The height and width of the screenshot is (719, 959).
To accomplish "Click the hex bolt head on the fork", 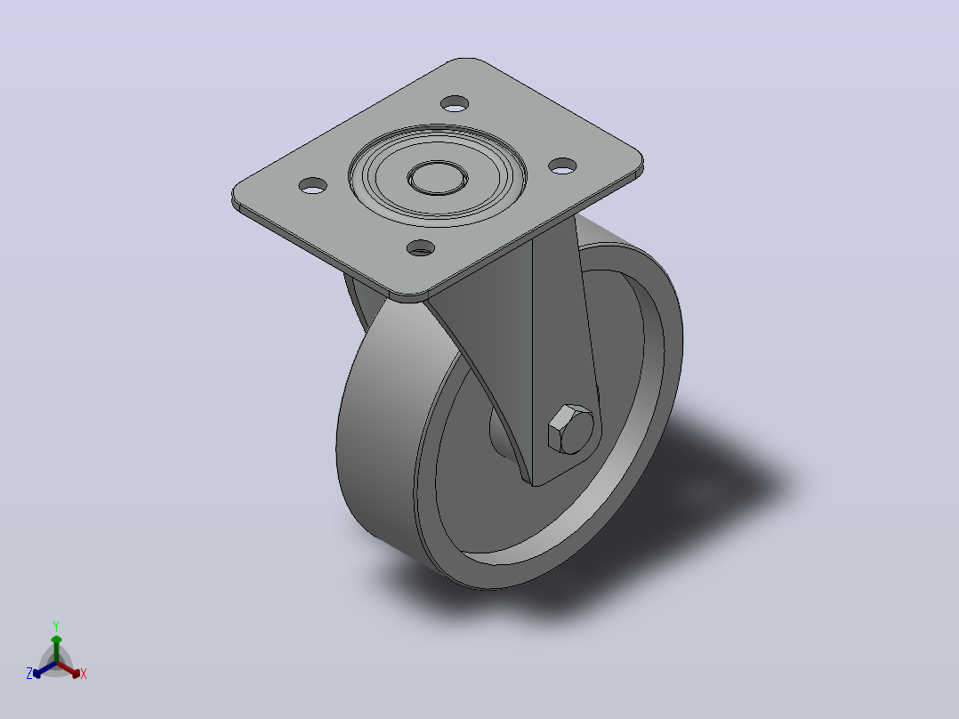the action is (x=570, y=429).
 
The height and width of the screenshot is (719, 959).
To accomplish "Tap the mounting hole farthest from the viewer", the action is (x=455, y=103).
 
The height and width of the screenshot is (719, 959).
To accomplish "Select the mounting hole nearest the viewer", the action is (x=421, y=248).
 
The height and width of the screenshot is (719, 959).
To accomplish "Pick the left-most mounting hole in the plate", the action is (x=312, y=185).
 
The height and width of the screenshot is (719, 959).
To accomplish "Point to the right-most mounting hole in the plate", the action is (x=562, y=166).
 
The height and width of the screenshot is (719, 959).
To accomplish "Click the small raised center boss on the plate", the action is (x=438, y=178).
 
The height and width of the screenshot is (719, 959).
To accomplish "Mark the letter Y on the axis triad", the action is (x=56, y=626).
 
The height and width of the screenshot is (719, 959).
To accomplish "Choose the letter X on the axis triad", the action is (x=84, y=674).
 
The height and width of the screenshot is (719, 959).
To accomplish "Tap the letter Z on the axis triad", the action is (x=29, y=674).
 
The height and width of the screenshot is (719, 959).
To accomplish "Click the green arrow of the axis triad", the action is (x=56, y=649).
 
